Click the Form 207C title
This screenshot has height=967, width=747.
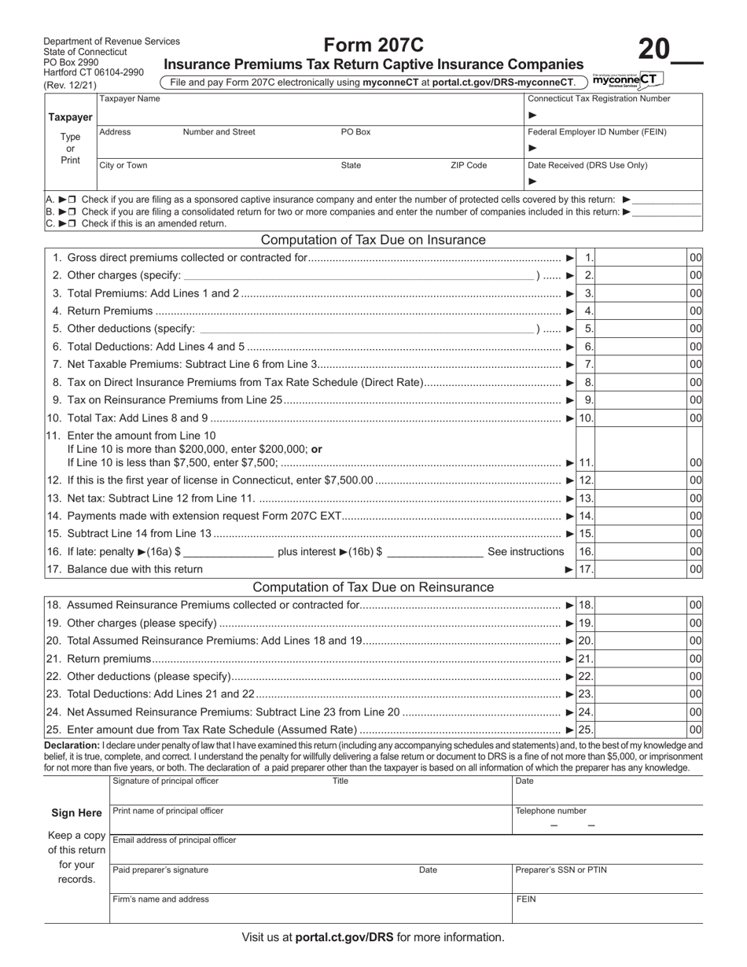(373, 46)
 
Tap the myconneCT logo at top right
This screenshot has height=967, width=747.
(627, 80)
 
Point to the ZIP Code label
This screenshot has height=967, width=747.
(468, 166)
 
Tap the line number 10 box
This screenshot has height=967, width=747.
(587, 418)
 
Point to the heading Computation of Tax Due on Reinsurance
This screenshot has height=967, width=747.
(373, 587)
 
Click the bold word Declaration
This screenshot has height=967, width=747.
(72, 745)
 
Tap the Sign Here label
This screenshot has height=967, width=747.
(76, 814)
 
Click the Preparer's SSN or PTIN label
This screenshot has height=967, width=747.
(561, 870)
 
